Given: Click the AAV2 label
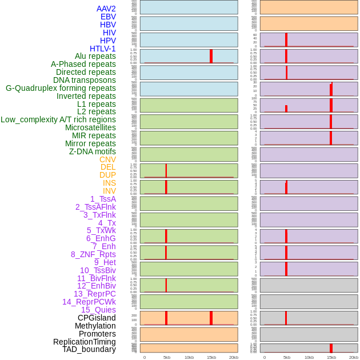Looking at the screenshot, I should pyautogui.click(x=106, y=9).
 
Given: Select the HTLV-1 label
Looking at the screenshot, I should pyautogui.click(x=103, y=49).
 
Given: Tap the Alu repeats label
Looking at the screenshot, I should pyautogui.click(x=95, y=56).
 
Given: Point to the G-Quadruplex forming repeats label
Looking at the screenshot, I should pyautogui.click(x=61, y=88).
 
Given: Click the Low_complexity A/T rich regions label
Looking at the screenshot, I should pyautogui.click(x=58, y=119).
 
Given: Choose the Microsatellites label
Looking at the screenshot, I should pyautogui.click(x=90, y=127).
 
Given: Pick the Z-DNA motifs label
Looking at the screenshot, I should pyautogui.click(x=93, y=151).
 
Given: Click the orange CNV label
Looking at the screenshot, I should pyautogui.click(x=107, y=159).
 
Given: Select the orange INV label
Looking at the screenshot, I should pyautogui.click(x=109, y=191).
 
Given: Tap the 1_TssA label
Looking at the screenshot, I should pyautogui.click(x=103, y=199).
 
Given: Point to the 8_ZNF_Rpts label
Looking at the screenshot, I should pyautogui.click(x=93, y=254).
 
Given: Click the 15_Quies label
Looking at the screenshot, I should pyautogui.click(x=98, y=310).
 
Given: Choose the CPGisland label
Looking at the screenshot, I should pyautogui.click(x=97, y=318).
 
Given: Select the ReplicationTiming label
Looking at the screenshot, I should pyautogui.click(x=85, y=342).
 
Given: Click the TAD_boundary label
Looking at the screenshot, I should pyautogui.click(x=89, y=349).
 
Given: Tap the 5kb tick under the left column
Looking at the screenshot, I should pyautogui.click(x=167, y=357).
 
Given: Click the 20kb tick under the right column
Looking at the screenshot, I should pyautogui.click(x=354, y=357).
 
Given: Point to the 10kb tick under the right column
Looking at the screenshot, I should pyautogui.click(x=309, y=357).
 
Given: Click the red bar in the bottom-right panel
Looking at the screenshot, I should pyautogui.click(x=331, y=348).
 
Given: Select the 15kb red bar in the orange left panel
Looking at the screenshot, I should pyautogui.click(x=211, y=318).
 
